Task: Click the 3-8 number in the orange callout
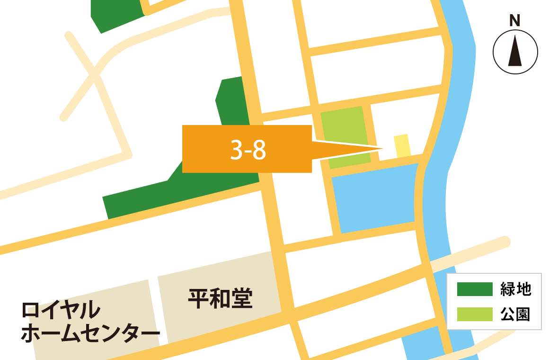(x=248, y=151)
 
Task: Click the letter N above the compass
(x=514, y=21)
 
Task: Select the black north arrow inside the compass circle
(x=515, y=52)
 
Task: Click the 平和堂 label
(x=220, y=299)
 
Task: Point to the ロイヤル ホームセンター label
(x=90, y=322)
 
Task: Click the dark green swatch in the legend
(x=474, y=289)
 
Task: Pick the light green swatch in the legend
(x=474, y=314)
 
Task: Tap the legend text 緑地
(x=516, y=289)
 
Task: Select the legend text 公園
(x=516, y=314)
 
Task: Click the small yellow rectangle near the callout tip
(x=402, y=145)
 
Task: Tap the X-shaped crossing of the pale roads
(x=96, y=75)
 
